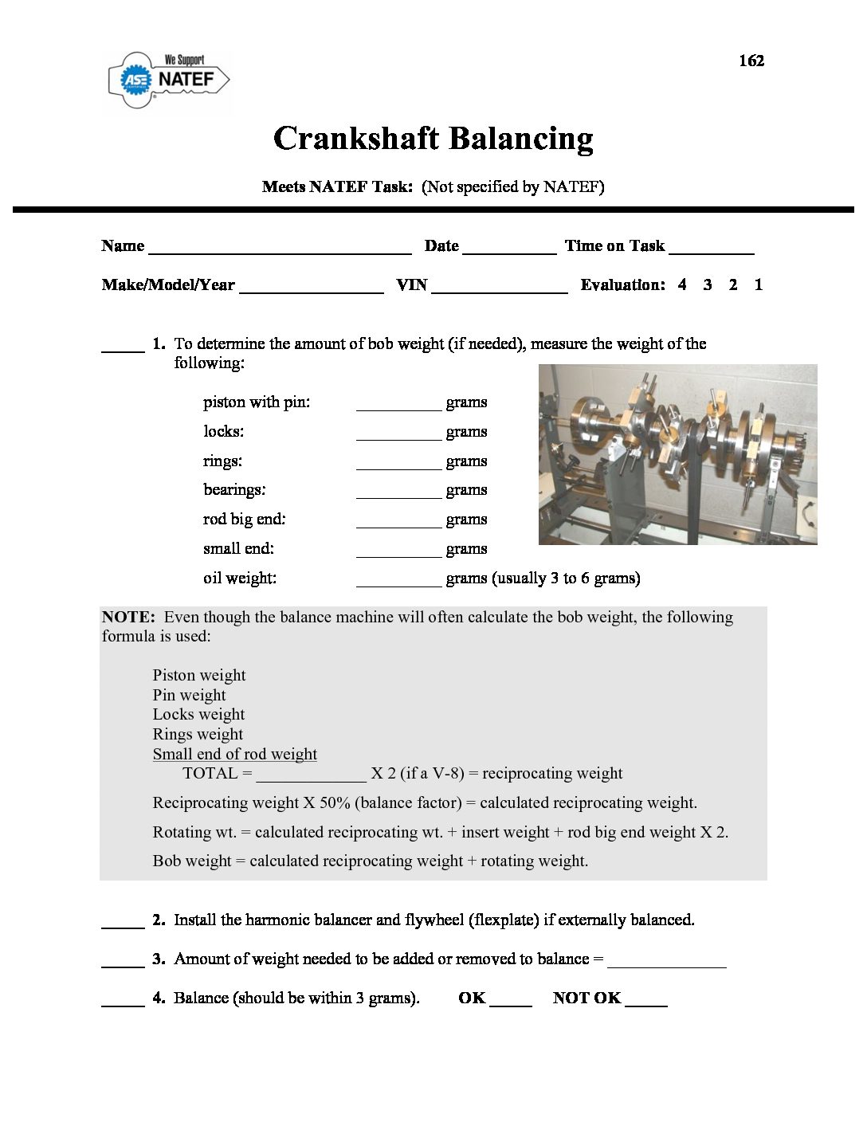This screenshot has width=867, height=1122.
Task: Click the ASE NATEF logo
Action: tap(169, 79)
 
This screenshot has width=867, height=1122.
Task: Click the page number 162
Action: tap(751, 61)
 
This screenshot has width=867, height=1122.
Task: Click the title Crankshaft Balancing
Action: tap(433, 139)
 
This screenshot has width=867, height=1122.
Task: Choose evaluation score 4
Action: tap(682, 284)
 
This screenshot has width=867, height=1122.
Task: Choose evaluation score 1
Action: tap(759, 284)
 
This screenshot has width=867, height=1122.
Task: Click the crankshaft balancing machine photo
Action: tap(677, 454)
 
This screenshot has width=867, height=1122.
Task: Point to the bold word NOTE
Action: tap(127, 617)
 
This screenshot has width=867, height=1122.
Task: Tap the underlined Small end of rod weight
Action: tap(234, 754)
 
